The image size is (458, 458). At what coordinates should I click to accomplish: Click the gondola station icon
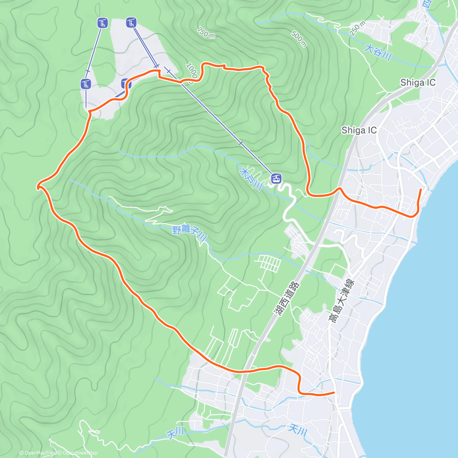(x=276, y=178)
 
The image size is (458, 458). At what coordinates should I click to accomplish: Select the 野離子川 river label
(x=189, y=234)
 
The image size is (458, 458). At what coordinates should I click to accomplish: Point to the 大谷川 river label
(x=378, y=53)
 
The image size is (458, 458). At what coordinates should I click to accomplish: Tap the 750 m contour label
(x=206, y=33)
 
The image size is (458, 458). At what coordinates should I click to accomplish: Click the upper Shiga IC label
(x=418, y=82)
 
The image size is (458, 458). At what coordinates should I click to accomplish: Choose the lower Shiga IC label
(x=359, y=130)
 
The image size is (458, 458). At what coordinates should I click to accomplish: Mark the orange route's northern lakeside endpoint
(x=421, y=189)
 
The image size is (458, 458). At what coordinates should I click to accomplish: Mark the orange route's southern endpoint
(x=334, y=392)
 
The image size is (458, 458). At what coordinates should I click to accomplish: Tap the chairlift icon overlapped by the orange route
(x=126, y=84)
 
